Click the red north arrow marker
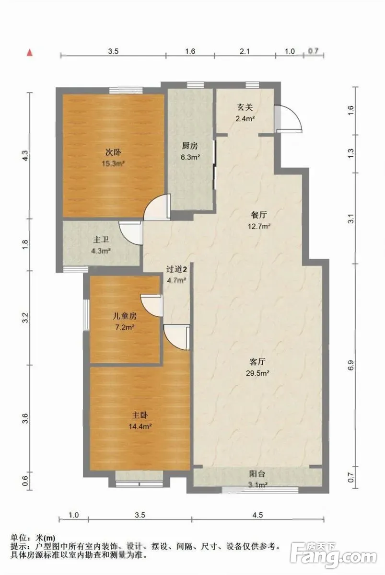tap(30, 53)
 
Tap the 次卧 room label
tap(113, 152)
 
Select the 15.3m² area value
tap(113, 163)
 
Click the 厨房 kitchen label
tap(190, 146)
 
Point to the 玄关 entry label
tap(245, 107)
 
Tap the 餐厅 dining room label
tap(259, 215)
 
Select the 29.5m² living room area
tap(257, 373)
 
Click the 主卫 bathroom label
tap(101, 240)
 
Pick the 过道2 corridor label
tap(177, 269)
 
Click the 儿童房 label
tap(125, 316)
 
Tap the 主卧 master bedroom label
tap(140, 415)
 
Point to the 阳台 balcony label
tap(257, 474)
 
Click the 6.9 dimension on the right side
tap(351, 365)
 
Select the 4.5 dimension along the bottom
tap(257, 515)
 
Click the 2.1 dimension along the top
tap(245, 51)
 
